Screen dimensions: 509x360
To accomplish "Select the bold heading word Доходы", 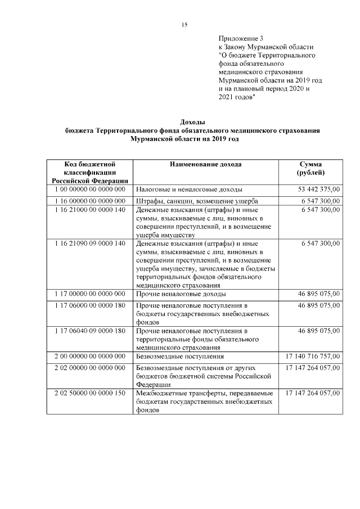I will pos(192,121).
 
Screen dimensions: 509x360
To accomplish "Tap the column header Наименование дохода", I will pos(205,164).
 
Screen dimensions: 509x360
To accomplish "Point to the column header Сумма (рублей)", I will pos(310,168).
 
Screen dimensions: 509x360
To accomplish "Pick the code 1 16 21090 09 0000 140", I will pos(90,243).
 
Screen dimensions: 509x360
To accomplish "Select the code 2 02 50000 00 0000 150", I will pos(90,393).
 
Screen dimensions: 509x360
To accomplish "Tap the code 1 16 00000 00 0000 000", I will pos(90,200).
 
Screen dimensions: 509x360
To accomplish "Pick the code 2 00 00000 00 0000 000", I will pos(90,357).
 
